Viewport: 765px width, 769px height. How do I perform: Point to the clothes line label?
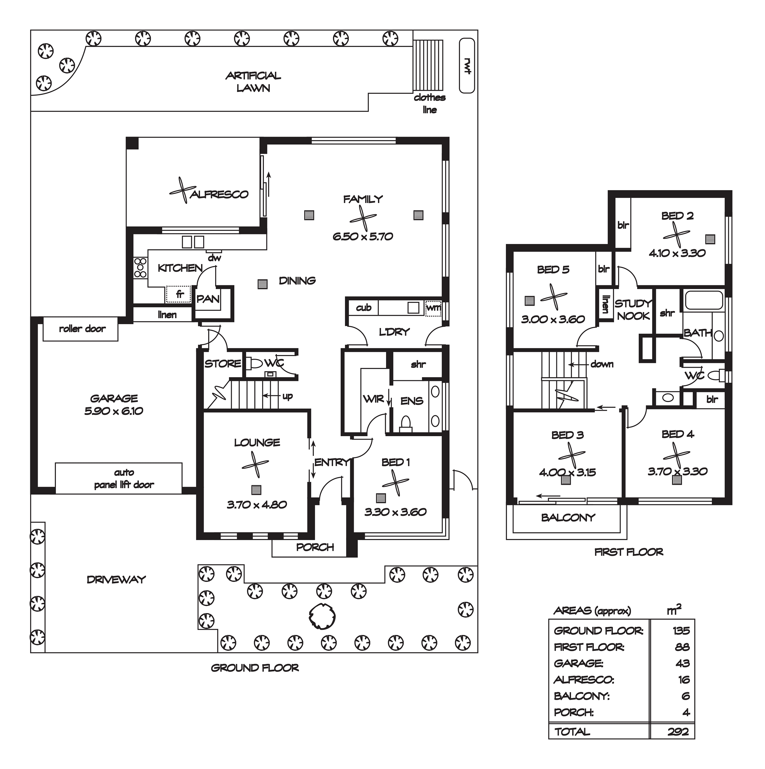point(430,103)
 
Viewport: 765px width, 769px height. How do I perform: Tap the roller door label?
point(82,329)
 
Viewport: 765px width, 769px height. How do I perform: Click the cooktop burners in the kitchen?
point(140,268)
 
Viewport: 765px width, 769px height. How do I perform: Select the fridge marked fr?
point(179,295)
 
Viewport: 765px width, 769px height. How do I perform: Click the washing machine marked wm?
point(433,308)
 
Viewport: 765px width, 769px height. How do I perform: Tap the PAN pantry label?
point(208,299)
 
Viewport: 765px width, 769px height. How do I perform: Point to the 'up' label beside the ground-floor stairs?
point(288,396)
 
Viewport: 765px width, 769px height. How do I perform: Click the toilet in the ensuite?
point(405,424)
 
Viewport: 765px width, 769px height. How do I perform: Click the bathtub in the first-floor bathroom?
point(703,301)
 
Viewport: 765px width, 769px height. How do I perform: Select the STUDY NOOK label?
point(633,310)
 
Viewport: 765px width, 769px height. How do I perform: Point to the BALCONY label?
point(568,517)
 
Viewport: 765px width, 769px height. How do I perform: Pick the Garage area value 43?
point(683,663)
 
